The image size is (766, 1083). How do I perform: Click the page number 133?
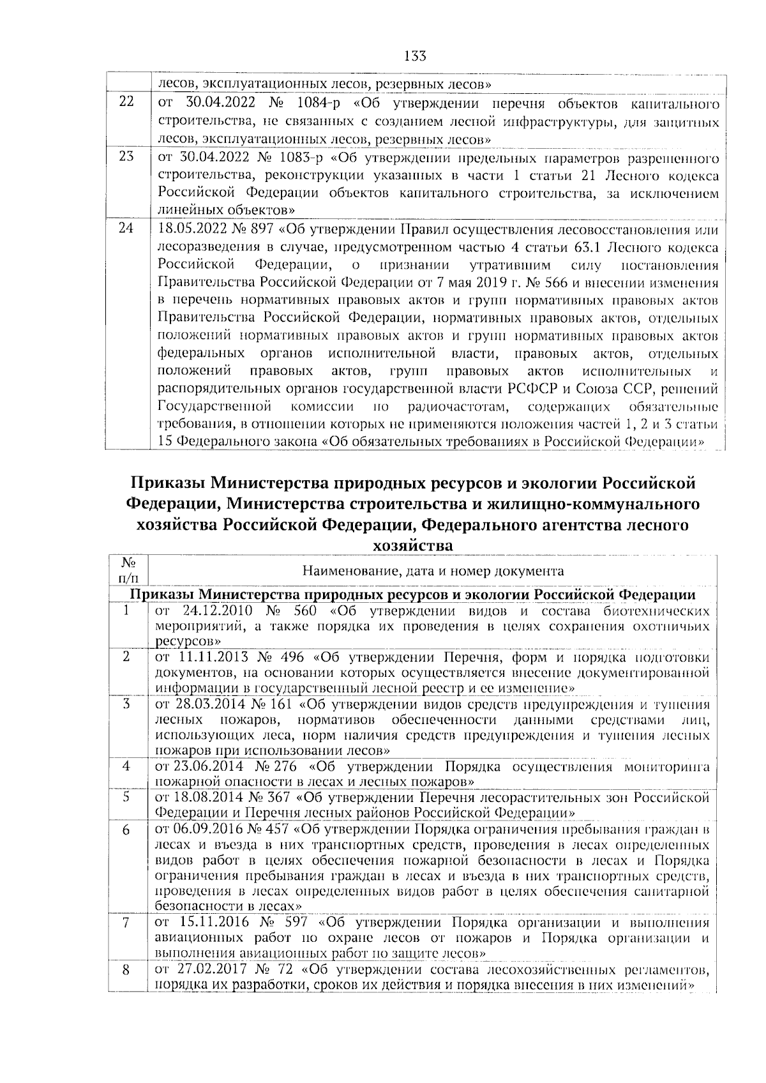click(x=415, y=56)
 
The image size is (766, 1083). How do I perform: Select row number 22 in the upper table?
click(x=126, y=102)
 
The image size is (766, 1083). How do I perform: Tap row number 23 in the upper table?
click(x=126, y=156)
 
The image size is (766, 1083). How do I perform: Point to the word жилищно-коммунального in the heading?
click(x=604, y=504)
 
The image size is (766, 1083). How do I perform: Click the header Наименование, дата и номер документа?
click(x=433, y=571)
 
